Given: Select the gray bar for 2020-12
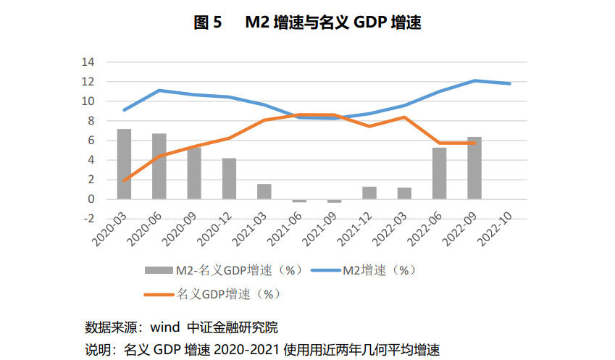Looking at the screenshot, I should click(x=229, y=179).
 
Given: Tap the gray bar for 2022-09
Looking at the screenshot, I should click(x=474, y=168).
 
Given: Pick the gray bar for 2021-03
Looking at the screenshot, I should click(x=264, y=192).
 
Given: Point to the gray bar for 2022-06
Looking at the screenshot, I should click(x=439, y=173).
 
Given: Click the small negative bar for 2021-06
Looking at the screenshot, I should click(x=299, y=201).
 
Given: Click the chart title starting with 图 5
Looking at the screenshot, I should click(x=307, y=22).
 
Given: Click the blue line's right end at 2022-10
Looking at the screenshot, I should click(x=510, y=83).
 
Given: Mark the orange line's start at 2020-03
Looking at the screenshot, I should click(x=125, y=180).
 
